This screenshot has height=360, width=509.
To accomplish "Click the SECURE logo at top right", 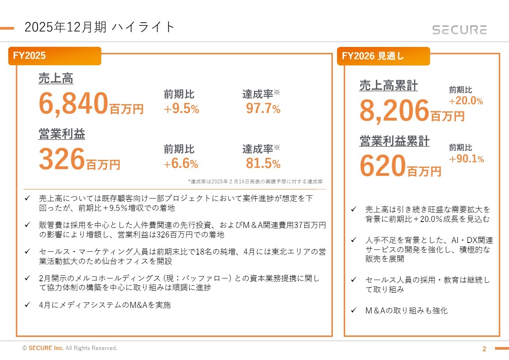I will (x=459, y=30).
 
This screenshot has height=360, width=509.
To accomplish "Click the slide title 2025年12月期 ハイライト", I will (x=99, y=27).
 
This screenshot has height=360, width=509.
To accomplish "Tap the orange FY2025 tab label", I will (x=29, y=56).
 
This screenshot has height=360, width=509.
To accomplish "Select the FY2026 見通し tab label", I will (x=373, y=56).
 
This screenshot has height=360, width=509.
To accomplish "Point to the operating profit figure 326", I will (x=62, y=158).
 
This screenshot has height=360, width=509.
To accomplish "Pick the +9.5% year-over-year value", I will (x=181, y=109).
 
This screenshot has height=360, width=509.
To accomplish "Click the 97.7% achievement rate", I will (x=263, y=109).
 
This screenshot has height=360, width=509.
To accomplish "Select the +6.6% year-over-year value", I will (x=181, y=163).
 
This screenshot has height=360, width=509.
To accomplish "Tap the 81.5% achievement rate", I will (x=263, y=163).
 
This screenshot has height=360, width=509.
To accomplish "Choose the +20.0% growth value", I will (x=466, y=101).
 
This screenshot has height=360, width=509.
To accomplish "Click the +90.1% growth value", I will (x=466, y=159).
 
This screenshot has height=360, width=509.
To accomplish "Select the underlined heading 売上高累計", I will (x=389, y=86).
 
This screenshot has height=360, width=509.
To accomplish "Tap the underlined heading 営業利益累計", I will (x=394, y=141).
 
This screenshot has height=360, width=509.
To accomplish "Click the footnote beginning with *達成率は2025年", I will (x=255, y=181).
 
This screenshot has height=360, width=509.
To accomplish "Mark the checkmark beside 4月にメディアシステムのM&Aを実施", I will (x=27, y=305).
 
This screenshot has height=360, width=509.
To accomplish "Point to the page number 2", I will (x=484, y=349).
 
